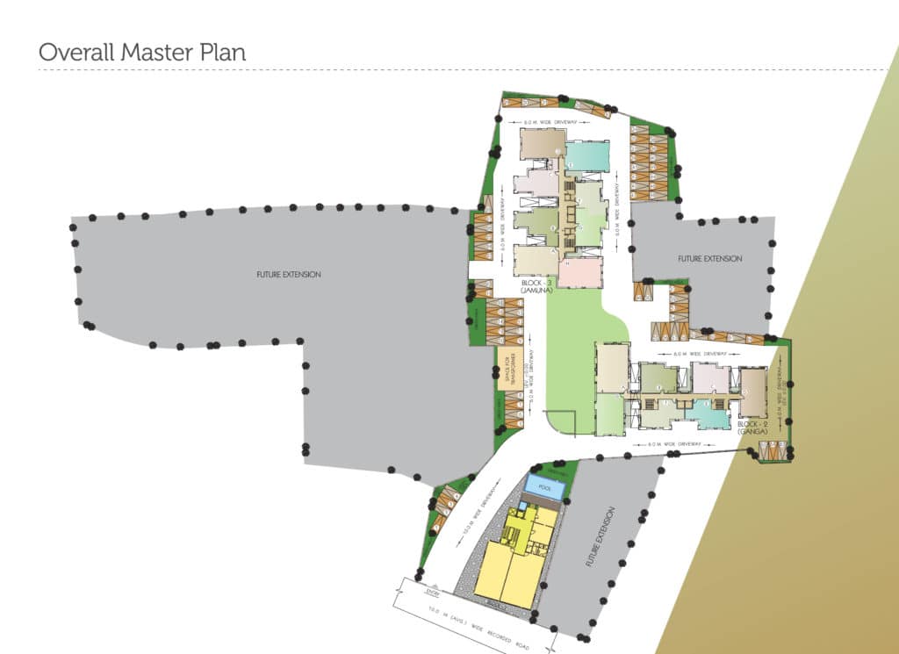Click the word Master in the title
(152, 52)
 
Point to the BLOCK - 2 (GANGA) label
(753, 428)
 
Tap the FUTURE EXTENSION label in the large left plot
(289, 275)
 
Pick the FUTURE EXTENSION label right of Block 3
(709, 259)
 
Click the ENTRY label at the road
(431, 594)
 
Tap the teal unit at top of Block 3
(587, 155)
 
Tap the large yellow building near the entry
(506, 570)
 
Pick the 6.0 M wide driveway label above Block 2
(700, 353)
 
